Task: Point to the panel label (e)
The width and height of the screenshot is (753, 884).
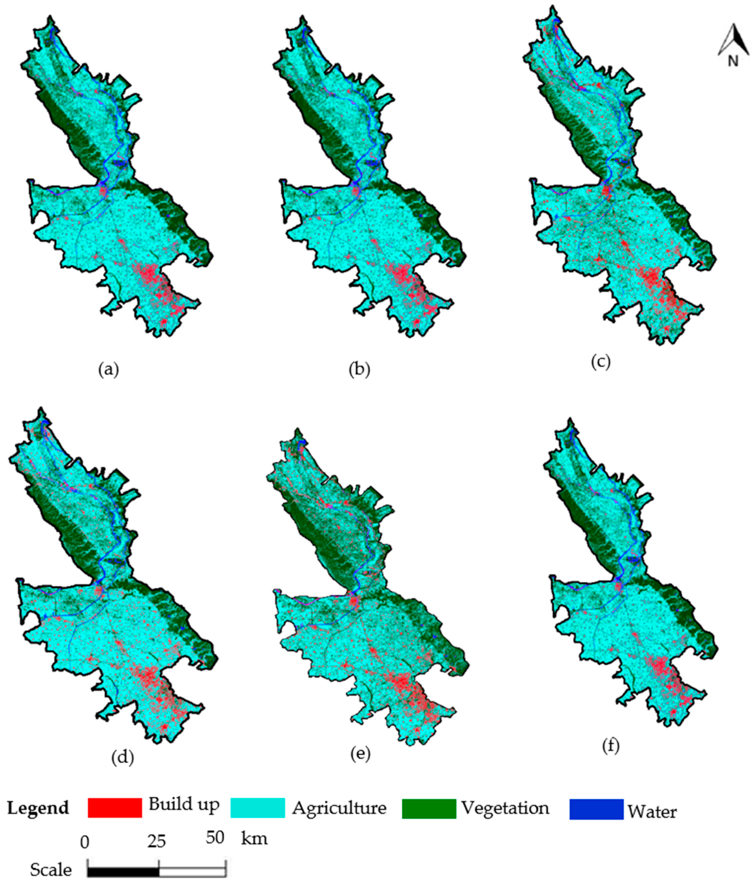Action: coord(360,754)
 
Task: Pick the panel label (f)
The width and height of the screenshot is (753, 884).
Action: coord(610,746)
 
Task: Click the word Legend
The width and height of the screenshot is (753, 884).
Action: coord(38,808)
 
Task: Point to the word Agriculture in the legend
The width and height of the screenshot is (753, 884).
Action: coord(339,808)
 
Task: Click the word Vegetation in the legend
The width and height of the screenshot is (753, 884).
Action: coord(505,808)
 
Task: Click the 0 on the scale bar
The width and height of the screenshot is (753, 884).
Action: coord(84,842)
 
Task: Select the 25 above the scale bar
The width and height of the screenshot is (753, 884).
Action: coord(157,841)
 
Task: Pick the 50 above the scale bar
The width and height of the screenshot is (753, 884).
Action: coord(215,838)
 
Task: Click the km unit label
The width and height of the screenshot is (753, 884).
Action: coord(254,839)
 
